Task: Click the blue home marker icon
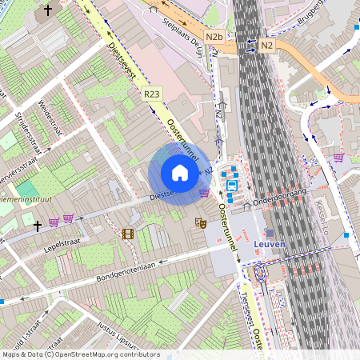pyautogui.click(x=180, y=173)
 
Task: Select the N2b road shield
pyautogui.click(x=214, y=37)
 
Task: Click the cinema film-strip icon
pyautogui.click(x=127, y=234)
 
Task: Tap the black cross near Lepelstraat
pyautogui.click(x=37, y=226)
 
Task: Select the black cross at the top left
pyautogui.click(x=48, y=10)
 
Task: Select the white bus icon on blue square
pyautogui.click(x=231, y=185)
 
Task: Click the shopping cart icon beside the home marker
pyautogui.click(x=204, y=192)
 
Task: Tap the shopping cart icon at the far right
pyautogui.click(x=338, y=158)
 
